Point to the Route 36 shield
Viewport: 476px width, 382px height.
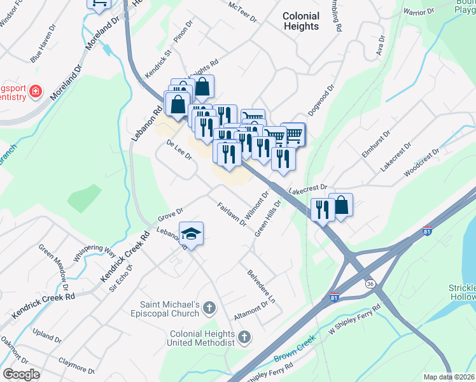pyautogui.click(x=370, y=283)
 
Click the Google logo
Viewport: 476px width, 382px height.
pyautogui.click(x=20, y=374)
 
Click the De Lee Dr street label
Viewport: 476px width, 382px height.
pyautogui.click(x=179, y=151)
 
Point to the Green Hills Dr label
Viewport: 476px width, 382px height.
pyautogui.click(x=268, y=218)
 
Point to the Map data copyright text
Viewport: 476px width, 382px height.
pyautogui.click(x=449, y=377)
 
